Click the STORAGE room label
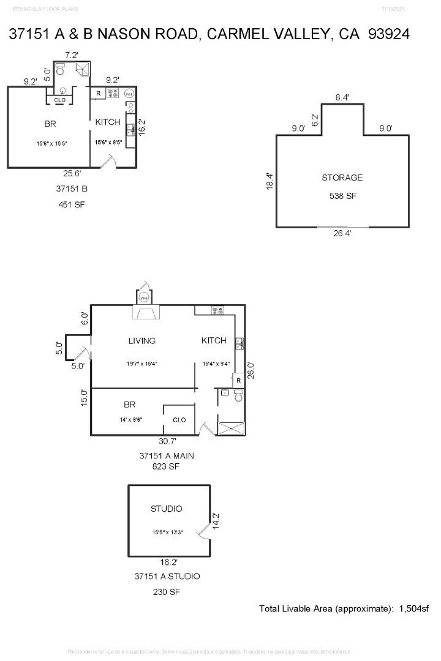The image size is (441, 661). point(342,177)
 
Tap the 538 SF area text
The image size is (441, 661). point(342,196)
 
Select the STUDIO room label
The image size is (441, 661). point(166,509)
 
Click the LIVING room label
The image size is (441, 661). point(141,341)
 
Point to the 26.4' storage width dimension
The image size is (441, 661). point(342,233)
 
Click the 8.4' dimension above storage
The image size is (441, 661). point(342,97)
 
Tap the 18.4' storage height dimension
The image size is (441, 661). point(269,181)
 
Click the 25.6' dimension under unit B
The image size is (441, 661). point(72,173)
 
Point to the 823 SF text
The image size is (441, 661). point(167,466)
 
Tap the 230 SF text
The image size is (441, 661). point(167,592)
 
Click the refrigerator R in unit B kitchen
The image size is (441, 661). point(98,94)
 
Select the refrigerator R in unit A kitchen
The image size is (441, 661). point(238,380)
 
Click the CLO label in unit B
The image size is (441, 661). point(60,100)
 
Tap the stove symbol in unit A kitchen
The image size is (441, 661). point(218,310)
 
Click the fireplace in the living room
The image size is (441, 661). point(145,313)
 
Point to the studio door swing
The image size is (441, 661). point(203,534)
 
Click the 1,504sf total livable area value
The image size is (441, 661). point(413,608)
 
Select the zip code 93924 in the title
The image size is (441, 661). point(388,34)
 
